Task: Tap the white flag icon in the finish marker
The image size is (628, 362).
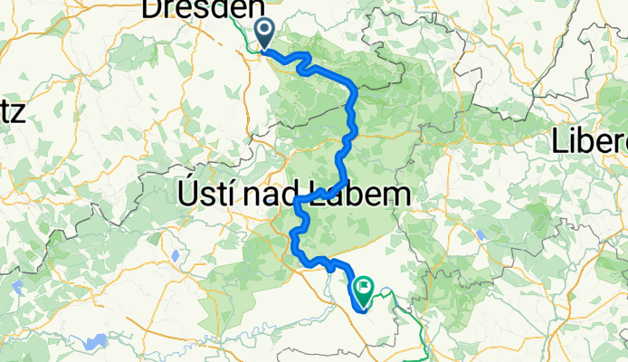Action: coord(364,287)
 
